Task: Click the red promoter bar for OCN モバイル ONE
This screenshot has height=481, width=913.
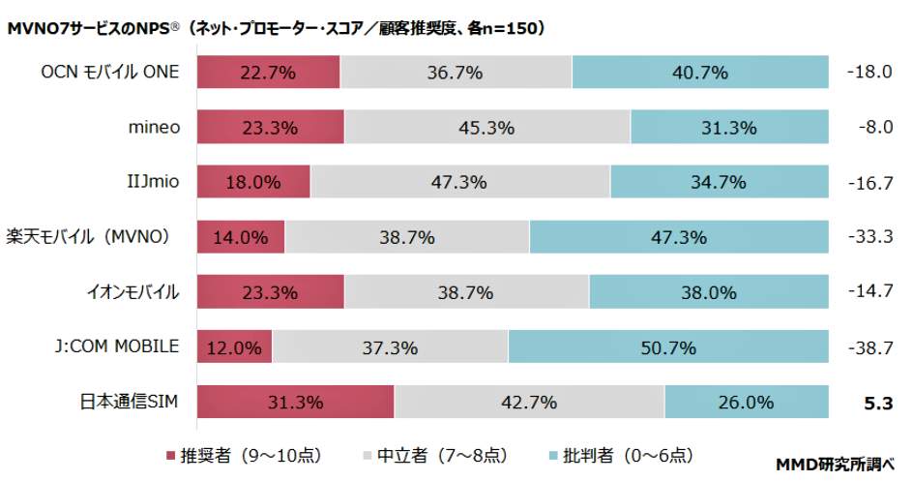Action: point(269,73)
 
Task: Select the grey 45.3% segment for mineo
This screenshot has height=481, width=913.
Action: point(487,128)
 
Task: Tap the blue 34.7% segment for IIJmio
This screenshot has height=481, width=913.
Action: point(719,182)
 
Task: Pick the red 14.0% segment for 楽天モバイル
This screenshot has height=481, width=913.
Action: point(241,237)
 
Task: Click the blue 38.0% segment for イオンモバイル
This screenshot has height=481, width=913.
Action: point(708,292)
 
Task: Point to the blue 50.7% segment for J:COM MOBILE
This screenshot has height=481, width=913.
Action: point(668,347)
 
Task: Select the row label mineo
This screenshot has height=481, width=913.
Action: point(154,128)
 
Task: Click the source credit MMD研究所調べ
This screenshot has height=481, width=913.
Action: point(837,465)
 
